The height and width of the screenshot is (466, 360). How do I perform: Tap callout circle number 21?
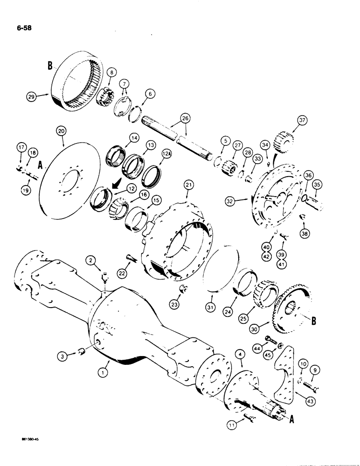[x=187, y=186]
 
